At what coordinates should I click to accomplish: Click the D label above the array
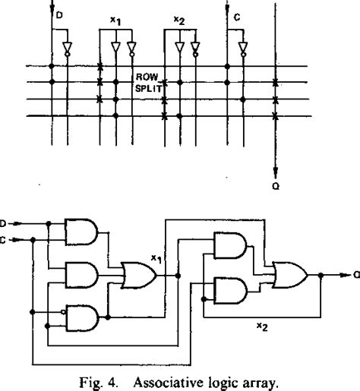59,14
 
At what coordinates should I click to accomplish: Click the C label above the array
238,14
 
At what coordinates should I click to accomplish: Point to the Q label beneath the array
275,182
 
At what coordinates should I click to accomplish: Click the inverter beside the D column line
68,49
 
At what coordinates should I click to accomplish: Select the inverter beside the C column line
243,49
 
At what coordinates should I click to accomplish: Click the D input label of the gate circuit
5,223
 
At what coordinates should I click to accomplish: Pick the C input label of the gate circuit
5,239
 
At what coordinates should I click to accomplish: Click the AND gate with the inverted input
81,317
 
